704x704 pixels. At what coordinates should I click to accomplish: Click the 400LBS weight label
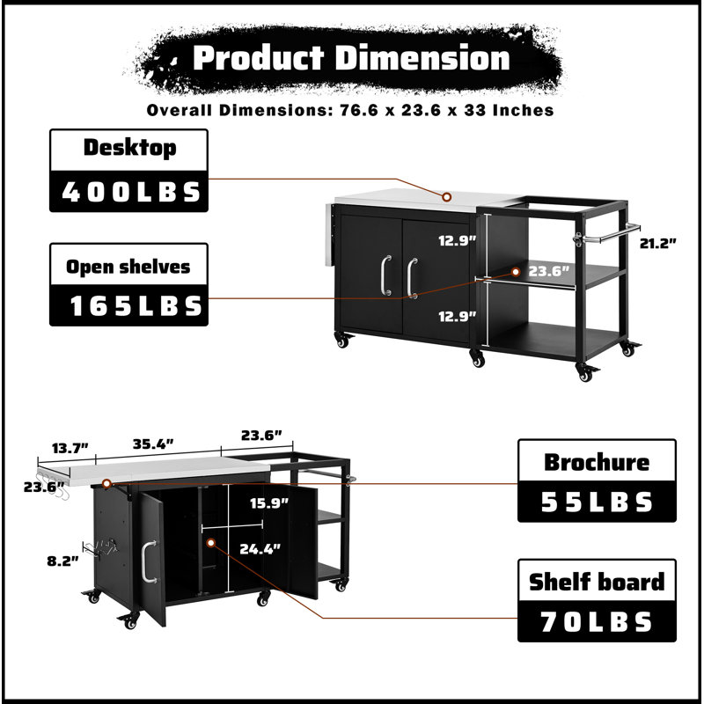coord(130,192)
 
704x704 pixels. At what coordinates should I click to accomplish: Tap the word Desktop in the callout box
coord(129,148)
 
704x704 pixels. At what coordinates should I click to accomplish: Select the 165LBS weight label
coord(136,305)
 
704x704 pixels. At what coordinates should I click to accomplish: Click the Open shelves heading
coord(128,267)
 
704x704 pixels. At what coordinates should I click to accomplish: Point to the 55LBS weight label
coord(597,502)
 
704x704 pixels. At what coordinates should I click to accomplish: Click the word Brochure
coord(597,462)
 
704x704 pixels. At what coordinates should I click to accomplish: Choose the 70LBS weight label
coord(597,622)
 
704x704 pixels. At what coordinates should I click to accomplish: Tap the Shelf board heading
coord(597,582)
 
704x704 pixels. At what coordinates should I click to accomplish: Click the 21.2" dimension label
coord(657,244)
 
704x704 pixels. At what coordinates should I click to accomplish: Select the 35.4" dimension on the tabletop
coord(153,444)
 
